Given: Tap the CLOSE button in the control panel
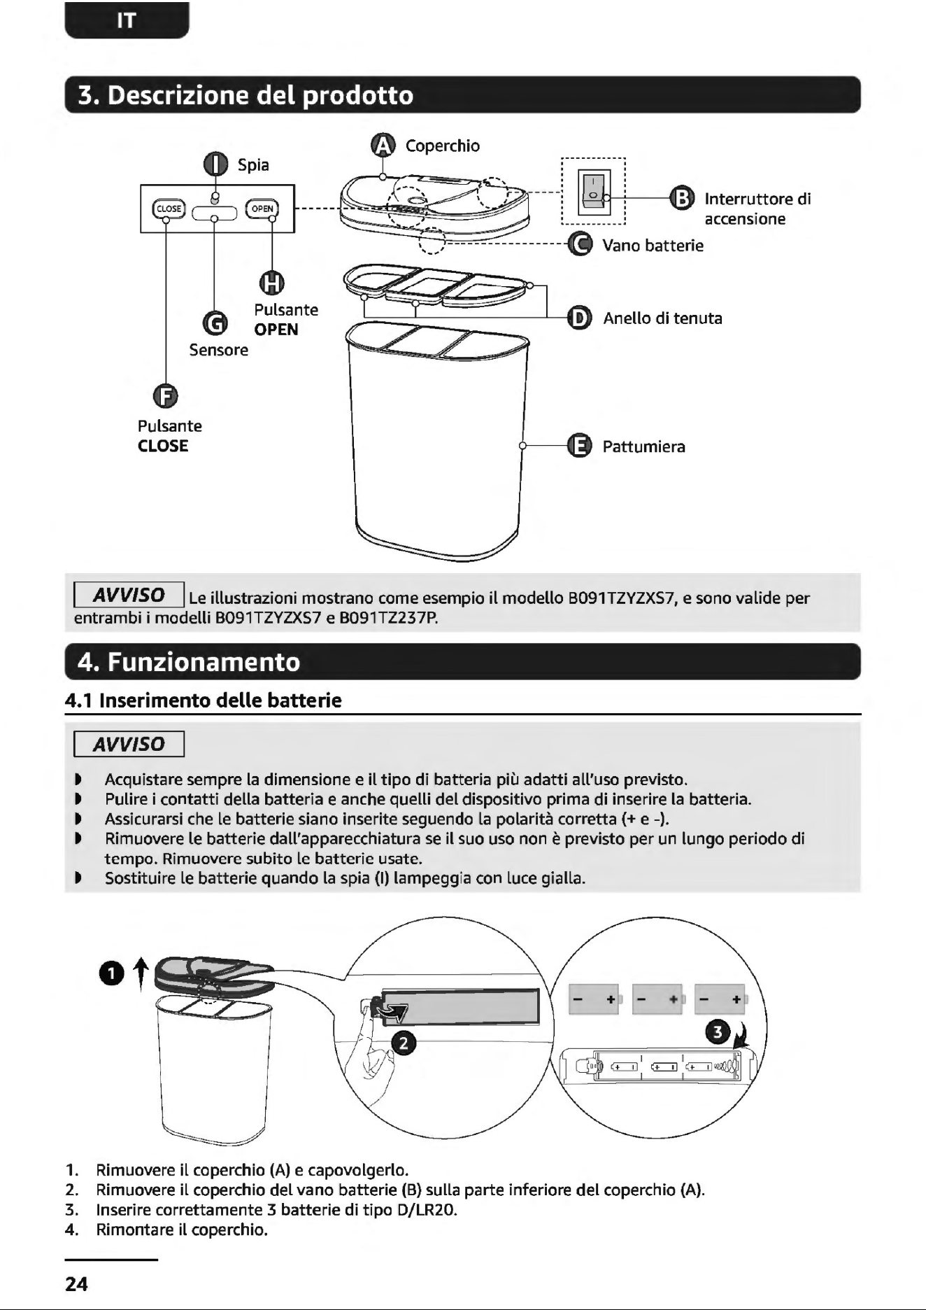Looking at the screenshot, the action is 168,209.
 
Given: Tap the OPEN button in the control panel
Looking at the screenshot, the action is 262,209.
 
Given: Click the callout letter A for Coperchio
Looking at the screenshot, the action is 383,145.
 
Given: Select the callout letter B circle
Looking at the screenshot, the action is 682,198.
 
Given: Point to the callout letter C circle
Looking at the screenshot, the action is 579,244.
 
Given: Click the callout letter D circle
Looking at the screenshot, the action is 579,318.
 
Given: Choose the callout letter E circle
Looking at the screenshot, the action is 579,446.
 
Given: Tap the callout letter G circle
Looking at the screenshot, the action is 215,323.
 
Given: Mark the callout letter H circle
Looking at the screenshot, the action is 272,282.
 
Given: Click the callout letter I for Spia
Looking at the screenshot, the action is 215,164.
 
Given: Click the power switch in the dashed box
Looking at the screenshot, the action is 593,192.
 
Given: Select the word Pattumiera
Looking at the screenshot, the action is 644,446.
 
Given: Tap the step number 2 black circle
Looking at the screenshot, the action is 403,1043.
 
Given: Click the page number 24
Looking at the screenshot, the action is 76,1283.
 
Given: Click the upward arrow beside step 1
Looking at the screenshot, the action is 141,975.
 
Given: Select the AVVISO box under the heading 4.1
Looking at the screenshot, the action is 129,744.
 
